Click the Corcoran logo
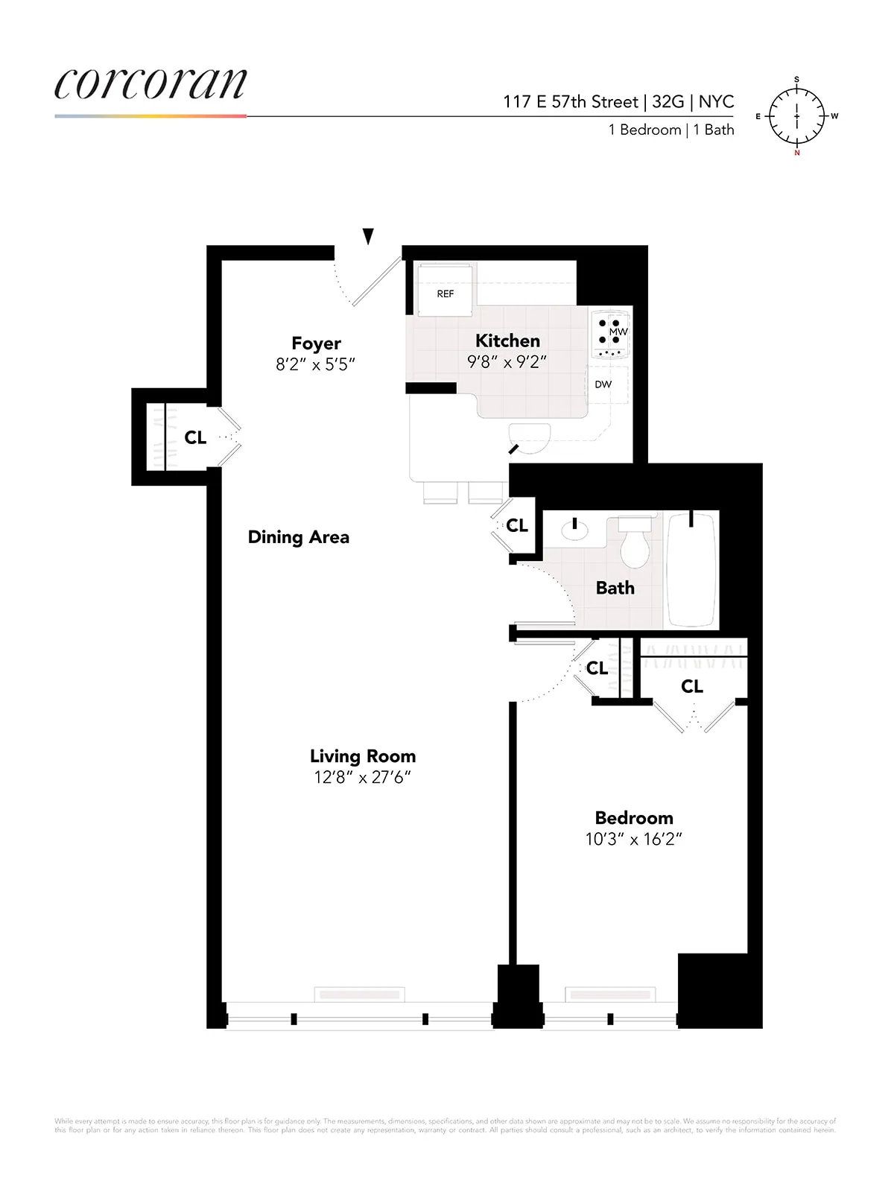[150, 83]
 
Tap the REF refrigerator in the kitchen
[445, 289]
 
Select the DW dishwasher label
[603, 384]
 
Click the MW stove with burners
[610, 335]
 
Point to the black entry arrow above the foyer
[368, 236]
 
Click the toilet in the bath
[635, 545]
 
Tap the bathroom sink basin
[574, 530]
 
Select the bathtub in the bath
[691, 570]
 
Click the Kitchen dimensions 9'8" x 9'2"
[507, 362]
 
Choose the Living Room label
[363, 756]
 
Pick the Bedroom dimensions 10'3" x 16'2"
[634, 840]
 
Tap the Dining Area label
[298, 537]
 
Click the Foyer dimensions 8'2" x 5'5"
[316, 364]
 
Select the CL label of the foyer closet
[195, 438]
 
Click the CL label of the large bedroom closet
[692, 686]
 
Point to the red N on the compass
[797, 153]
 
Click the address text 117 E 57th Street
[571, 102]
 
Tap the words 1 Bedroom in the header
[644, 130]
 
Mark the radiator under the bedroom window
[610, 995]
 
